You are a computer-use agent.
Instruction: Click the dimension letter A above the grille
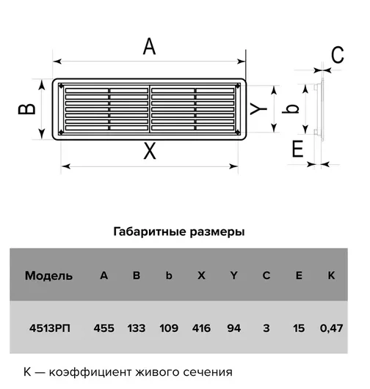pyautogui.click(x=149, y=46)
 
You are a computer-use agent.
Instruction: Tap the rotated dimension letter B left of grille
pyautogui.click(x=27, y=109)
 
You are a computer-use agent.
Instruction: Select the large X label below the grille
pyautogui.click(x=150, y=151)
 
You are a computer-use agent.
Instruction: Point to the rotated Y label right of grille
pyautogui.click(x=258, y=109)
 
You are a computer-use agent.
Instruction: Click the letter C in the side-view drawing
pyautogui.click(x=338, y=55)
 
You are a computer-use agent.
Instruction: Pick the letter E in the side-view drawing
pyautogui.click(x=297, y=149)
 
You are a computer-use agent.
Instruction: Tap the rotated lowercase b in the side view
pyautogui.click(x=291, y=109)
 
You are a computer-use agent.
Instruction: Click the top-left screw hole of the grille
pyautogui.click(x=61, y=86)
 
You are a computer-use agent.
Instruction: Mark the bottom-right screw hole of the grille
pyautogui.click(x=237, y=132)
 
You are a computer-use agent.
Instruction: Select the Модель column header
pyautogui.click(x=48, y=275)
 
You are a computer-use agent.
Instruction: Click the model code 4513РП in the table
pyautogui.click(x=50, y=328)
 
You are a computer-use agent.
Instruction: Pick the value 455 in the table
pyautogui.click(x=104, y=328)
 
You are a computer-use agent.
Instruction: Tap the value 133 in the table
pyautogui.click(x=137, y=328)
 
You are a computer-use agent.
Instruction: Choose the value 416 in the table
pyautogui.click(x=201, y=328)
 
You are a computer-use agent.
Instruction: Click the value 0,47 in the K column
pyautogui.click(x=332, y=328)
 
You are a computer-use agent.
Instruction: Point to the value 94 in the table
pyautogui.click(x=233, y=328)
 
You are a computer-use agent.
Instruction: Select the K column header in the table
pyautogui.click(x=331, y=275)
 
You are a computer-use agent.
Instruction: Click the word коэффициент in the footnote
pyautogui.click(x=90, y=372)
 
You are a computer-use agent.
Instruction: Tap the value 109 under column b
pyautogui.click(x=169, y=328)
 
